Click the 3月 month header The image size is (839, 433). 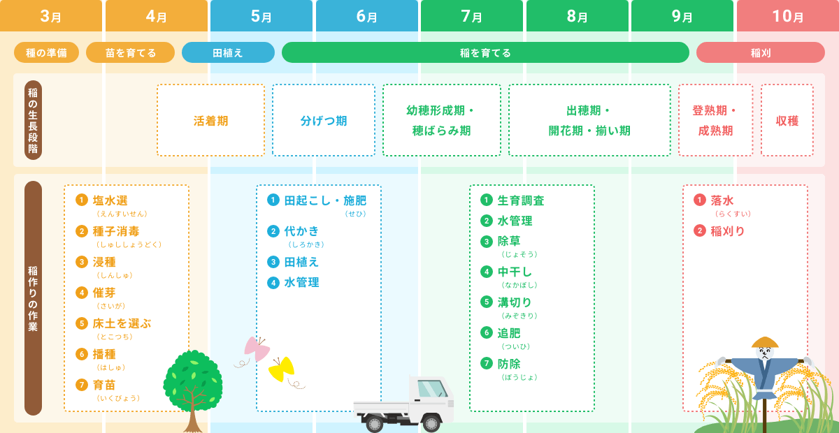[x=50, y=16]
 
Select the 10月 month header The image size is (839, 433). [x=787, y=16]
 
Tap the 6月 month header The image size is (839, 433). [x=367, y=16]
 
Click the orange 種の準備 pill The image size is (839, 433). [x=46, y=52]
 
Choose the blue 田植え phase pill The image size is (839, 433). [x=228, y=52]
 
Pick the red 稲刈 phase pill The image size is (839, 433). [x=760, y=52]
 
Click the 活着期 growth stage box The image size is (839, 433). [x=210, y=120]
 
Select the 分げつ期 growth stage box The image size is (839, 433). [x=324, y=120]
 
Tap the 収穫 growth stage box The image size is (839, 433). [x=787, y=120]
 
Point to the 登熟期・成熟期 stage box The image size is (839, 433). [x=715, y=120]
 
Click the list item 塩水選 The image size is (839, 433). [x=110, y=201]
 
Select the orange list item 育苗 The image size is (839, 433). [x=104, y=385]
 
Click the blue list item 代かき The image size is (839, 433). [x=301, y=231]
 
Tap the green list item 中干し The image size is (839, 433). [x=515, y=272]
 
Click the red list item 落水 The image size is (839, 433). [x=722, y=201]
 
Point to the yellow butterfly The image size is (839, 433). [x=282, y=369]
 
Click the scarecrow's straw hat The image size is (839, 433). [x=765, y=342]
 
